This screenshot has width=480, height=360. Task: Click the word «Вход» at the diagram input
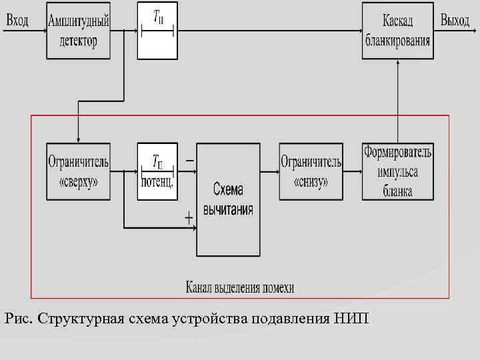[17, 21]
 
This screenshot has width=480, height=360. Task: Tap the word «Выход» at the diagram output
[455, 21]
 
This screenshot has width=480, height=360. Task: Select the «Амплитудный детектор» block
[79, 31]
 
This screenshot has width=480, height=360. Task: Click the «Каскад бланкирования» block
[397, 31]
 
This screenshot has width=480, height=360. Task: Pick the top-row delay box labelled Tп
[157, 31]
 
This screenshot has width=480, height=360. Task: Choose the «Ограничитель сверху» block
[79, 171]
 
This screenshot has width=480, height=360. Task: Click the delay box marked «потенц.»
[157, 171]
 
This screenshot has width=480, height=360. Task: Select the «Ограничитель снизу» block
[311, 171]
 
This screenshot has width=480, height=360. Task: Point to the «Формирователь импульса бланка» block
[397, 171]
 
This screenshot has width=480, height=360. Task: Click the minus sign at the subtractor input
[190, 161]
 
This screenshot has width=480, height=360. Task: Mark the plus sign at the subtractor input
[189, 217]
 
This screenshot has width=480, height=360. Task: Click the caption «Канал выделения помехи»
[240, 288]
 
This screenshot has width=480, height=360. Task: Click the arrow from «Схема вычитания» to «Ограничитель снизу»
[269, 171]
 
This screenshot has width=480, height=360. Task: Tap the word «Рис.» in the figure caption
[18, 317]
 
